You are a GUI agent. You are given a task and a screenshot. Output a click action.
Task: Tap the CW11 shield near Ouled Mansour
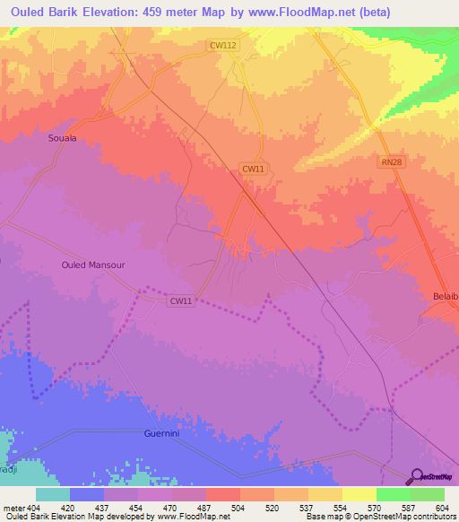[181, 301]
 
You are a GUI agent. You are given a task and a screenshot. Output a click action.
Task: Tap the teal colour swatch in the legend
[53, 495]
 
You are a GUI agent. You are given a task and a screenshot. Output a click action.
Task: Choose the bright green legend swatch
[394, 495]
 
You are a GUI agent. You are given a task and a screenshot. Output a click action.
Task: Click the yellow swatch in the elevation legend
[359, 495]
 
